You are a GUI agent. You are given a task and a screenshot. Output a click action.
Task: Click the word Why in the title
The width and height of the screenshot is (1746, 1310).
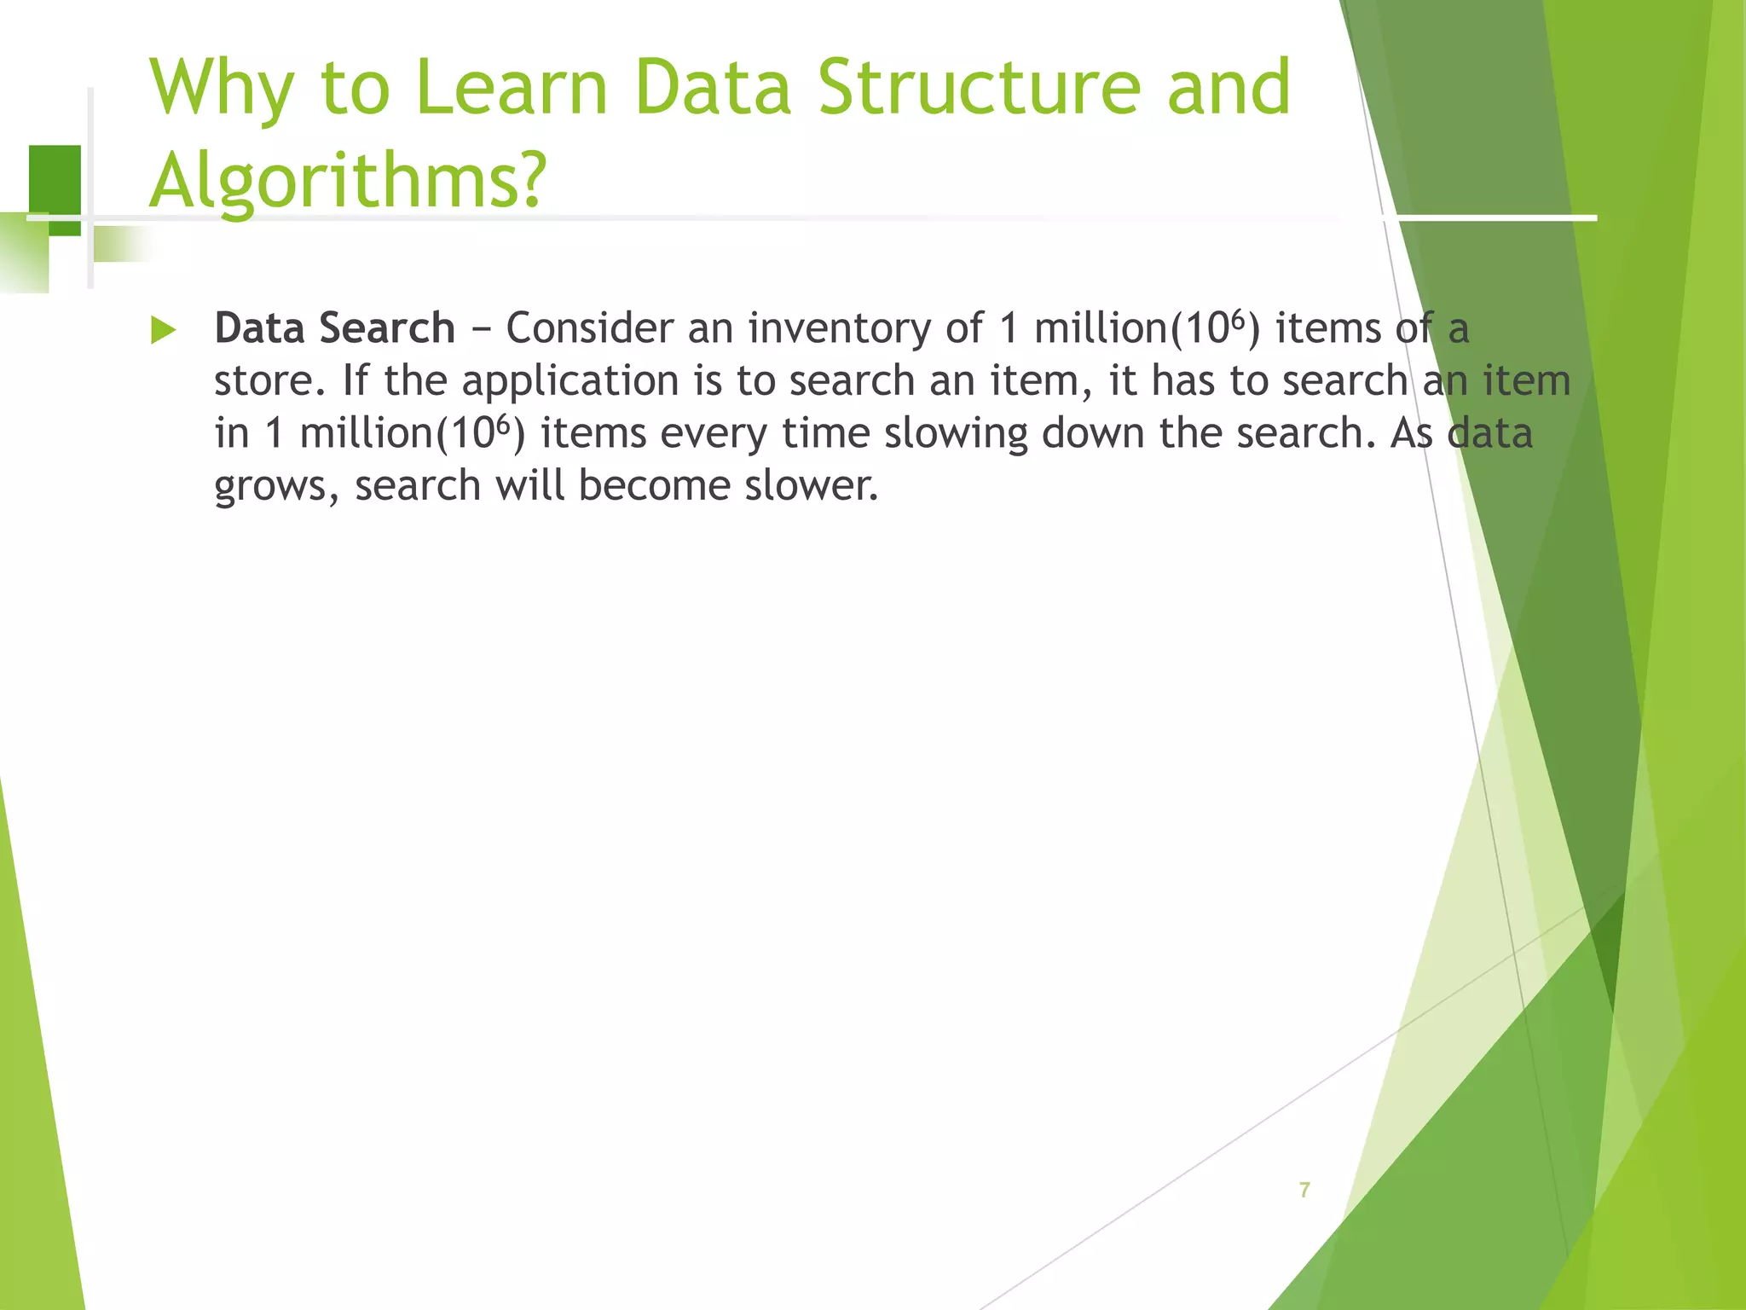(x=223, y=89)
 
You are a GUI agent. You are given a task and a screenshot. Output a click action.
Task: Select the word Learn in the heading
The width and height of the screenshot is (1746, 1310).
(x=511, y=87)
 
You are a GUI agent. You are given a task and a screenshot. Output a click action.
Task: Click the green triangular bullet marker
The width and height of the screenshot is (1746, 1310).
(x=163, y=330)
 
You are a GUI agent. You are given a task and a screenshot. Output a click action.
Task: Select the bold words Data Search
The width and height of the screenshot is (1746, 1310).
(x=334, y=328)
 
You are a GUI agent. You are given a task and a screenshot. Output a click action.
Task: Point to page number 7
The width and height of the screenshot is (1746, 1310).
(x=1304, y=1190)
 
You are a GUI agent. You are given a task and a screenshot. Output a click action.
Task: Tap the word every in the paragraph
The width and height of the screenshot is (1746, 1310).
(x=714, y=433)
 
